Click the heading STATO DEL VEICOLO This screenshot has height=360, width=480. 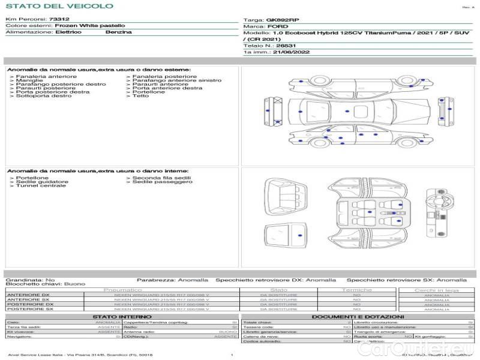[x=59, y=6]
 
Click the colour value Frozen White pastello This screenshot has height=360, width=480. [x=90, y=26]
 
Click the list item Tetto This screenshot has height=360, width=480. [x=140, y=96]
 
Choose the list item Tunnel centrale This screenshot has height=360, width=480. [x=41, y=186]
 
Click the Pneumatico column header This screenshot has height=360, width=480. [x=122, y=290]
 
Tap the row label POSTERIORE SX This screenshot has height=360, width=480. [x=29, y=309]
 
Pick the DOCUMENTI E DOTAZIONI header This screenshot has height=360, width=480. [x=357, y=316]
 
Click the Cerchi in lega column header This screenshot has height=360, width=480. [x=436, y=290]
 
